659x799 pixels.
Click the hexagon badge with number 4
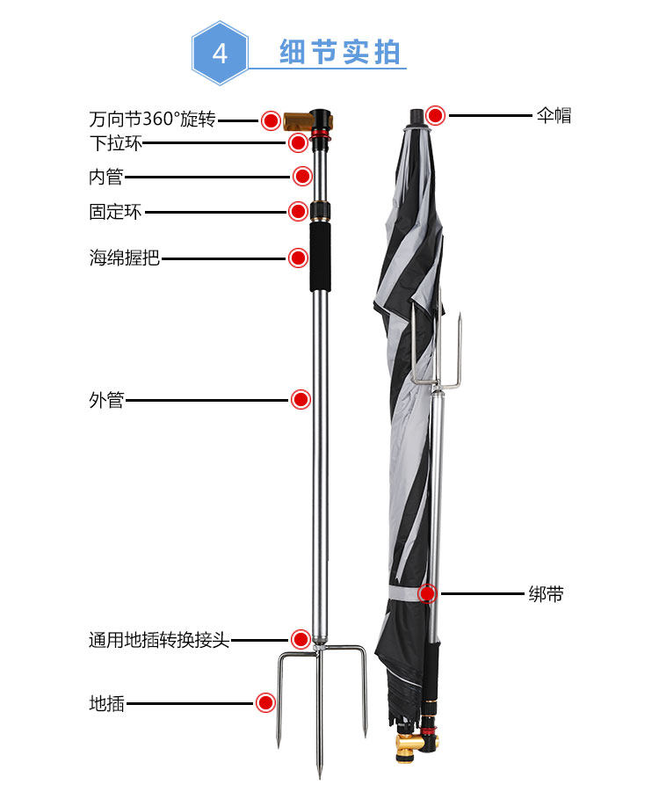[x=221, y=54]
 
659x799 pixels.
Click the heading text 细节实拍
[x=340, y=53]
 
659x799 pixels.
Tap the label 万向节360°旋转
[x=152, y=119]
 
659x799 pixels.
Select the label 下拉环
[x=115, y=143]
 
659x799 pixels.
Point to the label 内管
[x=106, y=177]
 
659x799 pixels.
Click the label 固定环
[x=115, y=212]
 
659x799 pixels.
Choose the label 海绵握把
[x=124, y=258]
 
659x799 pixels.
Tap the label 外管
[x=106, y=400]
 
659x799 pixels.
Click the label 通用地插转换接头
[x=159, y=640]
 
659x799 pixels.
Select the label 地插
[x=106, y=703]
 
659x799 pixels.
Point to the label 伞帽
[x=554, y=115]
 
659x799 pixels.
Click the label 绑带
[x=546, y=594]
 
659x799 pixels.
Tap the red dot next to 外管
[x=301, y=400]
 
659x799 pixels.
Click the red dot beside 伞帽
[x=435, y=115]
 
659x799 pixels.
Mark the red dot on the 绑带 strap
[x=427, y=594]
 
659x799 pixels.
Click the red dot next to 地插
[x=265, y=703]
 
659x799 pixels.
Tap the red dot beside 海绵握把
[x=298, y=258]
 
